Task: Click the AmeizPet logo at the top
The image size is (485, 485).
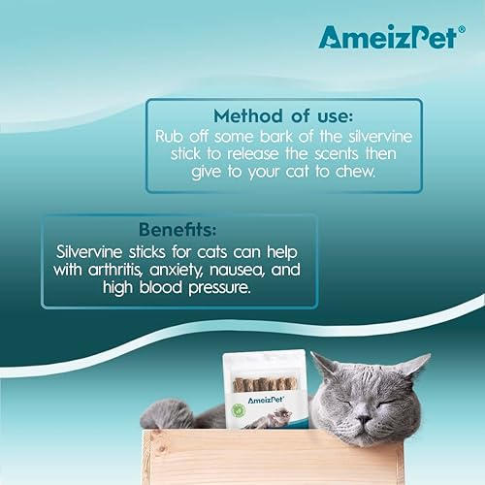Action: pyautogui.click(x=384, y=36)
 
